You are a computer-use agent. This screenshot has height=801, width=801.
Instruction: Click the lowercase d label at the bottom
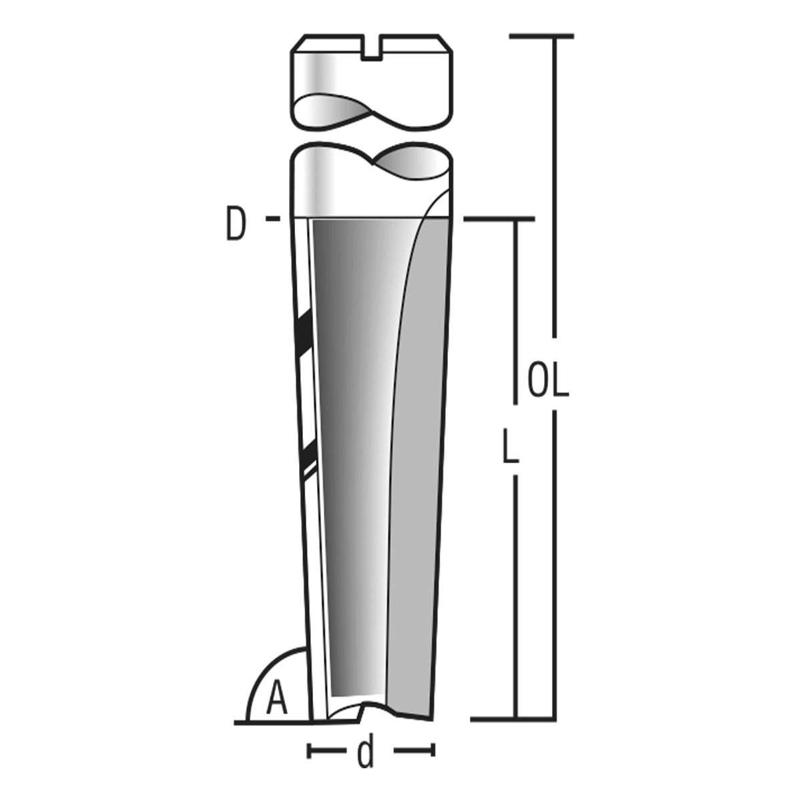pyautogui.click(x=365, y=753)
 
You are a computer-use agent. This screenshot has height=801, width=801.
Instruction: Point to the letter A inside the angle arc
pyautogui.click(x=277, y=700)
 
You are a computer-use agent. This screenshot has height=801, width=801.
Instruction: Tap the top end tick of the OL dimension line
pyautogui.click(x=541, y=35)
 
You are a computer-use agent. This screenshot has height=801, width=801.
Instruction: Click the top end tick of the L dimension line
pyautogui.click(x=501, y=219)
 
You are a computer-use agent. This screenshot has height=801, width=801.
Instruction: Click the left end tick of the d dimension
pyautogui.click(x=308, y=751)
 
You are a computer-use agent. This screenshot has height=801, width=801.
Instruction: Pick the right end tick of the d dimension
pyautogui.click(x=433, y=751)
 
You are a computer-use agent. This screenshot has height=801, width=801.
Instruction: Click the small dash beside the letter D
pyautogui.click(x=272, y=218)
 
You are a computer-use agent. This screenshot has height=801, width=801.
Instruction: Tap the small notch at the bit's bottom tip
pyautogui.click(x=362, y=710)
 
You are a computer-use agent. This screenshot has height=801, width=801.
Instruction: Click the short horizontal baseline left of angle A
pyautogui.click(x=242, y=722)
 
